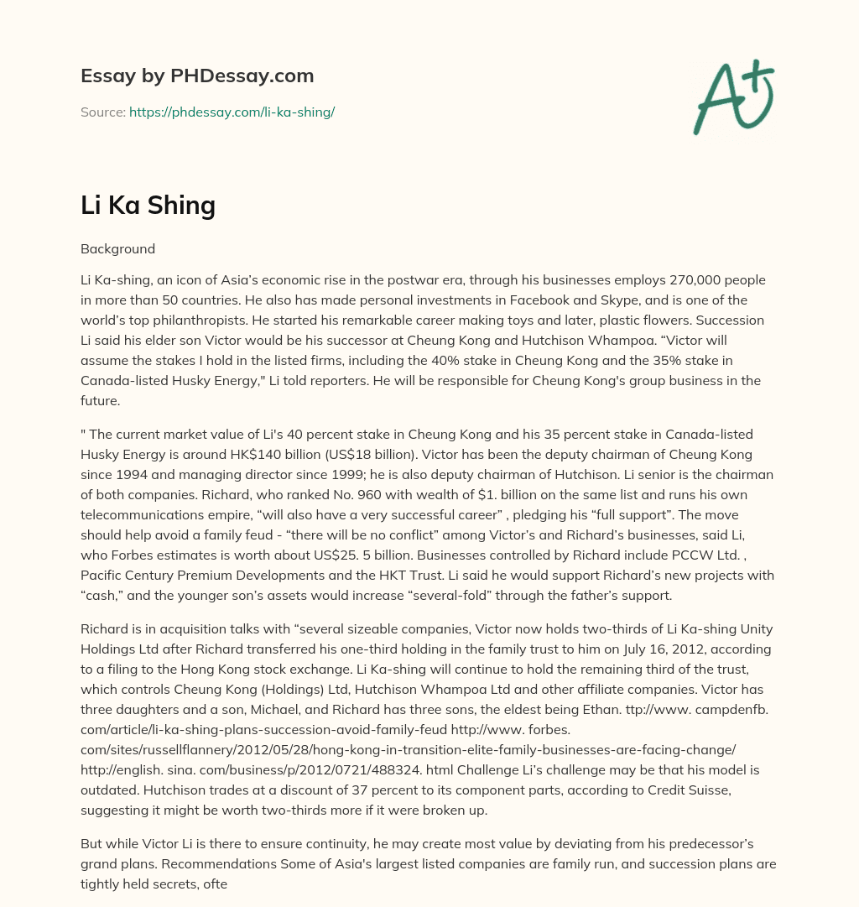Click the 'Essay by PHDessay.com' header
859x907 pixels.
(197, 76)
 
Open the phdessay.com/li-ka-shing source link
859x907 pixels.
(232, 112)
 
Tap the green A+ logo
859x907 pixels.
(732, 96)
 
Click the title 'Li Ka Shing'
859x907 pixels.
(148, 206)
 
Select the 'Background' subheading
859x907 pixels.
(117, 249)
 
